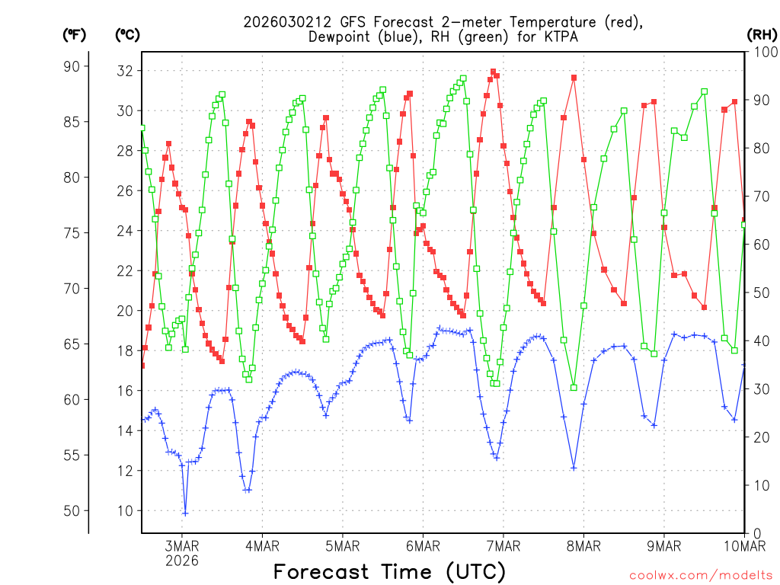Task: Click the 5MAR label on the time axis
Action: (x=343, y=545)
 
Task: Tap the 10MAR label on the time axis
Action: (x=743, y=545)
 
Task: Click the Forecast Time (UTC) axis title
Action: (x=389, y=571)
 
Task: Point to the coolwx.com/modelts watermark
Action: (x=700, y=575)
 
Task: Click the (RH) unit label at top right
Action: (x=762, y=34)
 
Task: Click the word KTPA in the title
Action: (x=549, y=37)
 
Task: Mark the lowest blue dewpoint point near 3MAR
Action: (x=185, y=513)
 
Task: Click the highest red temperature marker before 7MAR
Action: (x=493, y=72)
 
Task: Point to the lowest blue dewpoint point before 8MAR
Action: (x=574, y=468)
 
